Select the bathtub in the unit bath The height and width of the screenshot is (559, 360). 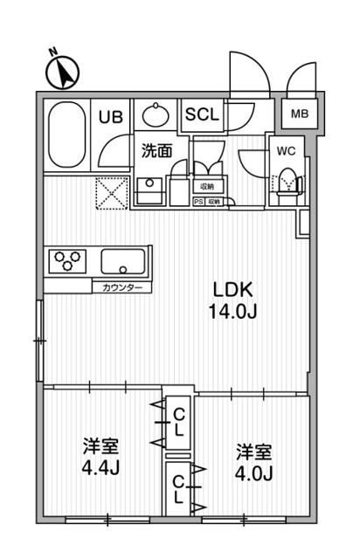click(x=65, y=132)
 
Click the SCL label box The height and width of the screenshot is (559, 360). click(x=203, y=114)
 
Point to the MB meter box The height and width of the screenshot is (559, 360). click(x=299, y=114)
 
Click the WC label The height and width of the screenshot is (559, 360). click(x=285, y=150)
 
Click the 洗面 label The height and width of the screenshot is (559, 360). click(x=157, y=150)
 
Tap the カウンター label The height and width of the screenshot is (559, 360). click(x=121, y=286)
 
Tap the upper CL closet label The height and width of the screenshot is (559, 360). click(x=178, y=421)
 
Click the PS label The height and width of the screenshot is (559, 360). click(x=197, y=202)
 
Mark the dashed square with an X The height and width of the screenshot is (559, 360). click(x=113, y=191)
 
